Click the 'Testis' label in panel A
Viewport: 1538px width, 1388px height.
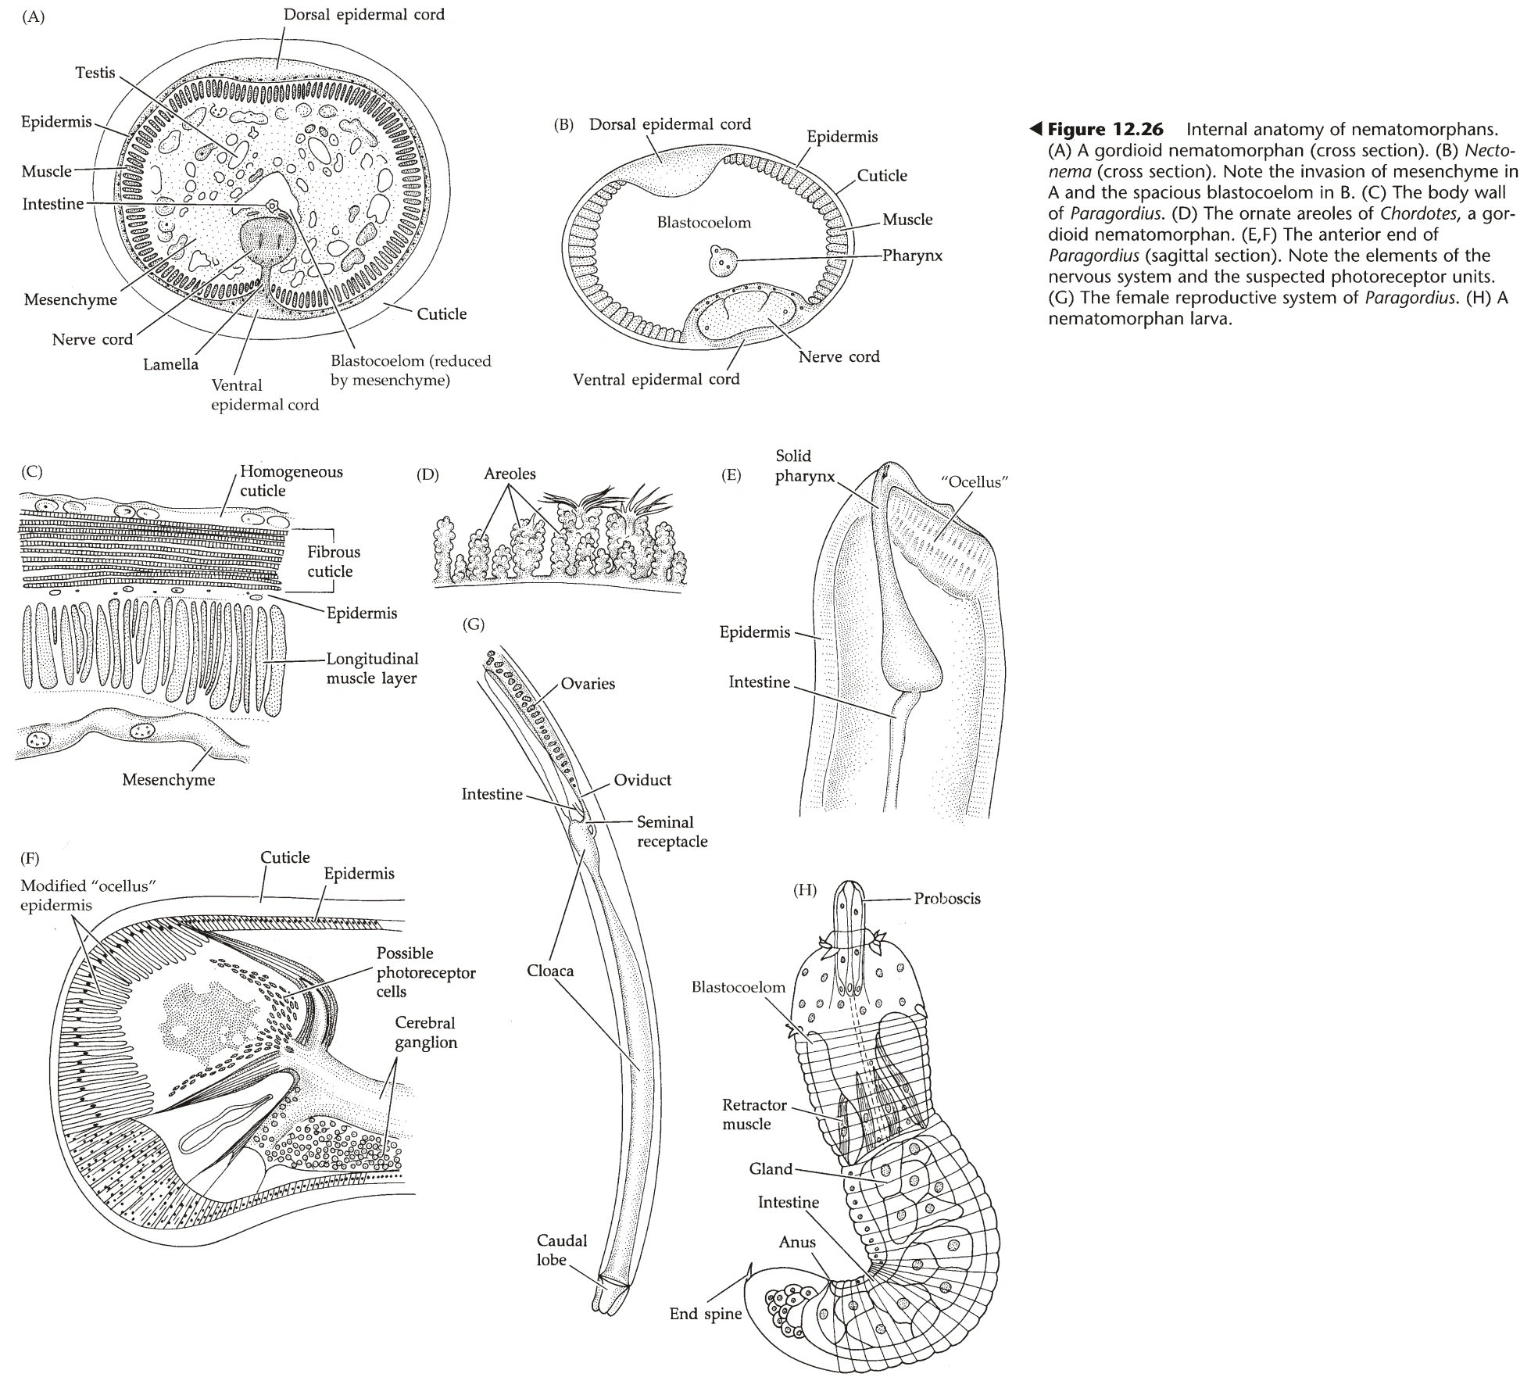(95, 73)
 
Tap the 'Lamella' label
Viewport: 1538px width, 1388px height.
(170, 364)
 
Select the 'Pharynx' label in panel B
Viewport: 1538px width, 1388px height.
(912, 256)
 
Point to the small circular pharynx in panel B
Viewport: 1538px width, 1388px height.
(720, 260)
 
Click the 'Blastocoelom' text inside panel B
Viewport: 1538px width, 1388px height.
(703, 223)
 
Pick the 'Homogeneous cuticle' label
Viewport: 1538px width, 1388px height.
(291, 481)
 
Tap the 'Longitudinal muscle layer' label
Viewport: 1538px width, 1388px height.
(372, 668)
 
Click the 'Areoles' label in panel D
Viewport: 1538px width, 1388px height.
(510, 474)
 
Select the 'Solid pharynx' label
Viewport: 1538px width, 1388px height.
(804, 466)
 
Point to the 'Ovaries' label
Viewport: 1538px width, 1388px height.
(588, 684)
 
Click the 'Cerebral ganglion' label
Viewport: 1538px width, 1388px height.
(425, 1032)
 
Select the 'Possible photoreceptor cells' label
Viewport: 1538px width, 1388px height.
(425, 972)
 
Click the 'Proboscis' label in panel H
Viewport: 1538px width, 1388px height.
(946, 899)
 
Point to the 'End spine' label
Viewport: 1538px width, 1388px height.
(705, 1314)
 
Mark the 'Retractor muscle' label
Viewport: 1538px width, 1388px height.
(753, 1114)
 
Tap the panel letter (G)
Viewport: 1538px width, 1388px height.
(474, 624)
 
